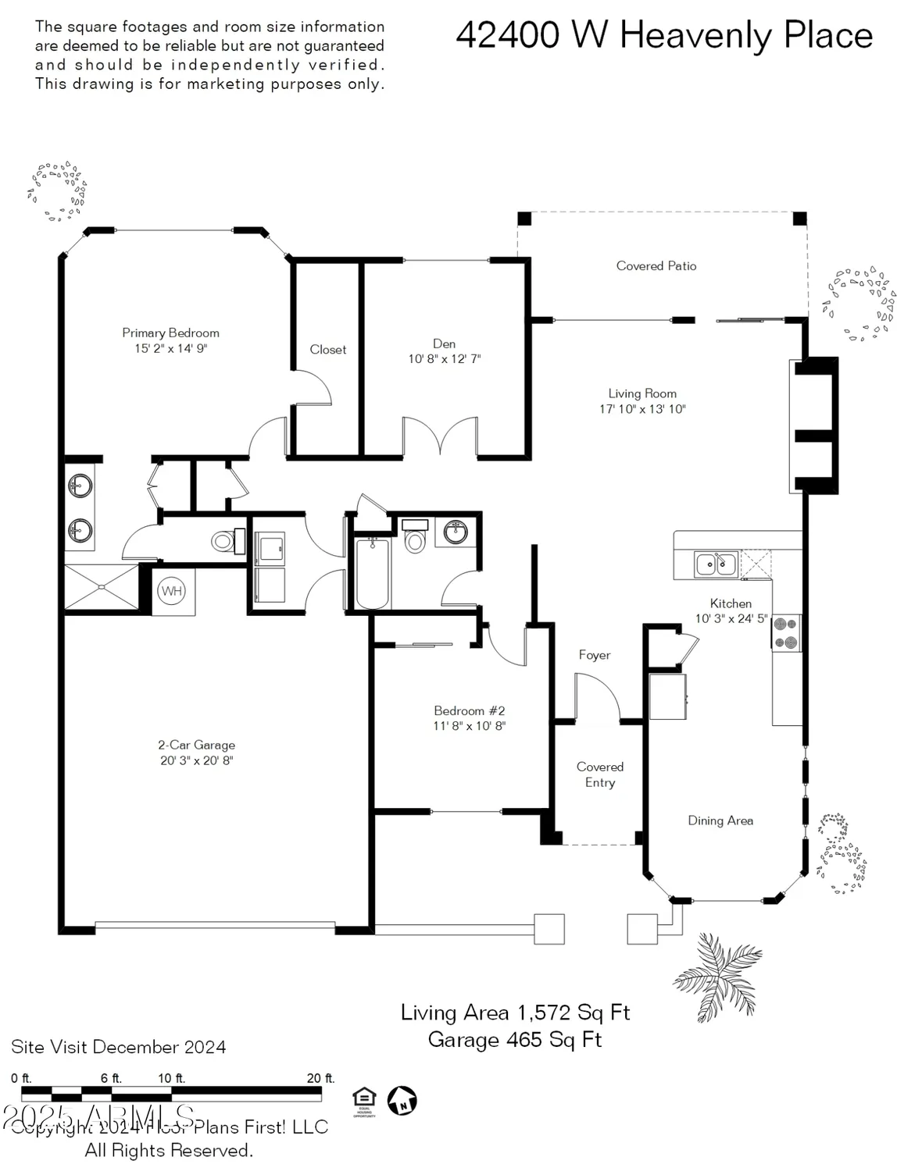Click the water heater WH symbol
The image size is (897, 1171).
[172, 591]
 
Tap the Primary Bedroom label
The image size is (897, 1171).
[170, 333]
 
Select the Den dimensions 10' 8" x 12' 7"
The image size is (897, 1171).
[445, 359]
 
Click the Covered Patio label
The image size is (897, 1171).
[656, 266]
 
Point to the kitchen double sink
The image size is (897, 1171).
[716, 564]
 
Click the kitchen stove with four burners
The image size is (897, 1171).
[786, 633]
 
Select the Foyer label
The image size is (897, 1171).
[595, 655]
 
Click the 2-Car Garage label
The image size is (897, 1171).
[197, 745]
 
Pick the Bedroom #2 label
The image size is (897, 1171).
[470, 710]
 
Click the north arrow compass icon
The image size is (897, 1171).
[402, 1101]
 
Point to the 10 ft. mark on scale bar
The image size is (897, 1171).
[171, 1078]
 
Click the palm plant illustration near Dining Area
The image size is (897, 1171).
[717, 976]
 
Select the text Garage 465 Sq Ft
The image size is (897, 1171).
[515, 1040]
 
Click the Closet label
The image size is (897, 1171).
[328, 350]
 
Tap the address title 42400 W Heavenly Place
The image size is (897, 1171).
[664, 36]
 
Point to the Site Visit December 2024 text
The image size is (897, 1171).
[119, 1047]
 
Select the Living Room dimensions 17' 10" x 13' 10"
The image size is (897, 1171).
[642, 409]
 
